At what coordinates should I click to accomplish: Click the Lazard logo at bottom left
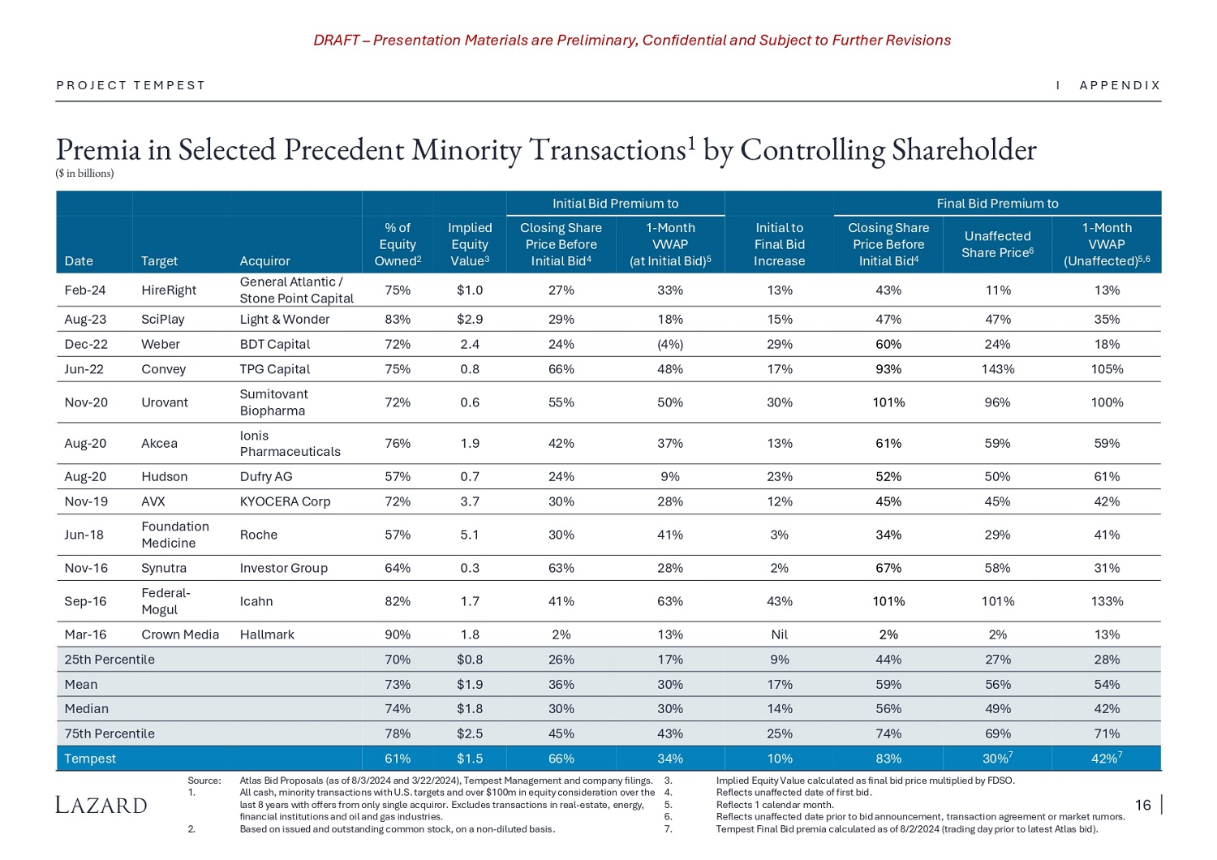click(x=101, y=805)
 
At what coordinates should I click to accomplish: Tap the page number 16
click(x=1142, y=805)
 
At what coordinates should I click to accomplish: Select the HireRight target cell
click(x=169, y=290)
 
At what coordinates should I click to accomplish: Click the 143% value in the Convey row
click(x=997, y=369)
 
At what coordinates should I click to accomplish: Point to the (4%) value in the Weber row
click(x=670, y=344)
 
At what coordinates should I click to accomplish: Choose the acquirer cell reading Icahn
click(x=256, y=601)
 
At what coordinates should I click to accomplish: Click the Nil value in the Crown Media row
click(x=779, y=634)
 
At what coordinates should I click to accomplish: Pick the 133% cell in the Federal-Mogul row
click(x=1107, y=601)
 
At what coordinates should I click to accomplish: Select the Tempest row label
click(x=90, y=759)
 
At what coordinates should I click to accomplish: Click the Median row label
click(x=86, y=708)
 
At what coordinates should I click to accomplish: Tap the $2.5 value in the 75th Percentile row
click(x=470, y=733)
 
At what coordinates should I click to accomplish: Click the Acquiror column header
click(x=264, y=261)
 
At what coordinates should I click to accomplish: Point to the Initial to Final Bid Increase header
click(x=779, y=244)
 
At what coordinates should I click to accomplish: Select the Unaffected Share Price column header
click(x=997, y=244)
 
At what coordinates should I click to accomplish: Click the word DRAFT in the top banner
click(x=336, y=41)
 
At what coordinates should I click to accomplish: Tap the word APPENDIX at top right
click(x=1120, y=85)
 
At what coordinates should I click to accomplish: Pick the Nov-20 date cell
click(x=86, y=402)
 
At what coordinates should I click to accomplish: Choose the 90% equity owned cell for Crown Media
click(x=398, y=634)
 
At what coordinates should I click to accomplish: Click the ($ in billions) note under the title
click(x=85, y=173)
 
